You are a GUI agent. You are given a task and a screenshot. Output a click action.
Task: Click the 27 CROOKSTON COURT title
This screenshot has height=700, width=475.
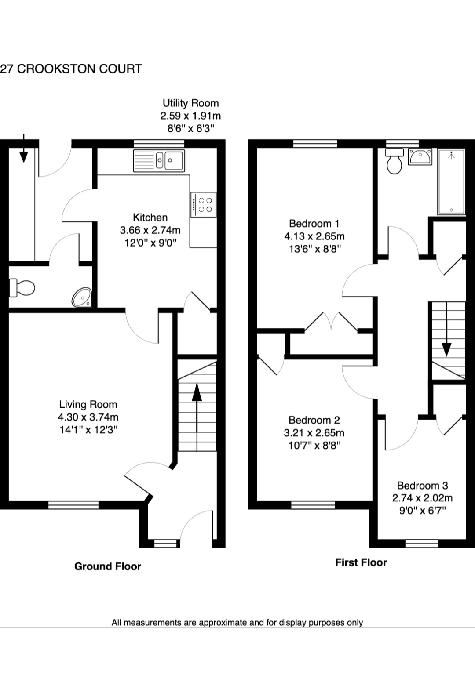point(71,69)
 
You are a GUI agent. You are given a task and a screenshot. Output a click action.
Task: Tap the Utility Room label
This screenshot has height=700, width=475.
point(190,103)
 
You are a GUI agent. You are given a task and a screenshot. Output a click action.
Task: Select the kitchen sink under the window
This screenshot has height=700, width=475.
point(159,160)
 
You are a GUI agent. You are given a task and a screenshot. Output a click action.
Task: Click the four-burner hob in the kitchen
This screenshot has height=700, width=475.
point(204,205)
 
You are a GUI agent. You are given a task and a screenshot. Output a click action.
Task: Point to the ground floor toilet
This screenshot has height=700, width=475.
point(22,288)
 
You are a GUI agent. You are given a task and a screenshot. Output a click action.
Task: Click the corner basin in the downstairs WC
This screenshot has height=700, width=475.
point(82,298)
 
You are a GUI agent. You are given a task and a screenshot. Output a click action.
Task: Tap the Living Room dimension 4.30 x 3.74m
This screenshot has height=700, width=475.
point(88,417)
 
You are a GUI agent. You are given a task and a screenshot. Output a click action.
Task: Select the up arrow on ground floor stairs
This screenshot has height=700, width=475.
point(197,392)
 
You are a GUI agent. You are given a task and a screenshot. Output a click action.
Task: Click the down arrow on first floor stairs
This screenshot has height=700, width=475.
point(446,349)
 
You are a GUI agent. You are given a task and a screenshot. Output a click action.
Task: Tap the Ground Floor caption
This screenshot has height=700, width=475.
point(108,566)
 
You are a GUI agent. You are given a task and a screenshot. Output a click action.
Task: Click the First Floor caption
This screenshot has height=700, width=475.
point(361,562)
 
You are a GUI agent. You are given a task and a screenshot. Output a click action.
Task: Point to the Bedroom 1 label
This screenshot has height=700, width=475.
point(314,224)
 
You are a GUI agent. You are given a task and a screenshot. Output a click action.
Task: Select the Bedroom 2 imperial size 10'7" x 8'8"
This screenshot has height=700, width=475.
point(314,446)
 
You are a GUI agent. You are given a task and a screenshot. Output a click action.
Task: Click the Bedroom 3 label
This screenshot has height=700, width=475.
point(422,486)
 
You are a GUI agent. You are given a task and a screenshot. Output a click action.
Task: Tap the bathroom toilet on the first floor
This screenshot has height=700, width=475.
point(394,162)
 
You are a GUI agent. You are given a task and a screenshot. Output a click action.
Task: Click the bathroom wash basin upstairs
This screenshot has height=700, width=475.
point(420,156)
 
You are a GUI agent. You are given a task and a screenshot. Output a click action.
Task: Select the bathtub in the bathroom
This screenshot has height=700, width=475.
point(451,181)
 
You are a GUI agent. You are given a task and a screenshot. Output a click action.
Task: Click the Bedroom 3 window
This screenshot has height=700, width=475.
point(421,544)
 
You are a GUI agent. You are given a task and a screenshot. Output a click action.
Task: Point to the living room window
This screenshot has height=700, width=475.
point(73,505)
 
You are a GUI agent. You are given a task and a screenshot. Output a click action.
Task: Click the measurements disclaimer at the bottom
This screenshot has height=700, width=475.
point(237,623)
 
